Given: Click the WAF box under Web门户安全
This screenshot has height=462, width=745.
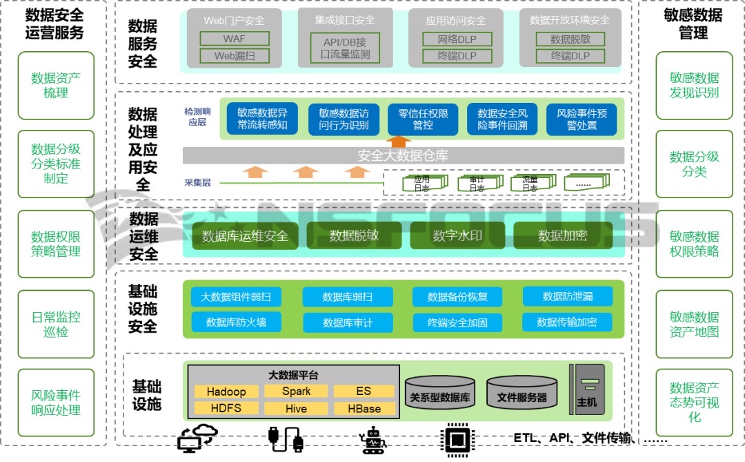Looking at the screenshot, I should (x=234, y=39).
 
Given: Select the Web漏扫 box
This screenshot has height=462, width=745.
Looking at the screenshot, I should (x=234, y=56).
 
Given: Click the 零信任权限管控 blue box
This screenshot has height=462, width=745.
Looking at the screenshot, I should (x=423, y=119).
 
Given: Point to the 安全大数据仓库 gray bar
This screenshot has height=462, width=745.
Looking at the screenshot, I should (x=403, y=155).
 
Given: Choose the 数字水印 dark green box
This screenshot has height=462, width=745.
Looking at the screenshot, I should (x=457, y=235).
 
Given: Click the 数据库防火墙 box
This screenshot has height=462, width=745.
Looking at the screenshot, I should (x=236, y=322).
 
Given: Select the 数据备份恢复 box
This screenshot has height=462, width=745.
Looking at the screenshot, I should (x=457, y=297).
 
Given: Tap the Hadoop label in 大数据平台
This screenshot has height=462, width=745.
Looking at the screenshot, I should (x=226, y=392).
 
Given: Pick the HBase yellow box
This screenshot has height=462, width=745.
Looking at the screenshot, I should (x=364, y=409).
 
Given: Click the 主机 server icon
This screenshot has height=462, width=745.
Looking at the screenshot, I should (x=587, y=389).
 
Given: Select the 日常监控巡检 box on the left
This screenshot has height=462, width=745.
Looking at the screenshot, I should (x=56, y=324).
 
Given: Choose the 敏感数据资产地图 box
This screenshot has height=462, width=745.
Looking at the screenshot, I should (x=694, y=324).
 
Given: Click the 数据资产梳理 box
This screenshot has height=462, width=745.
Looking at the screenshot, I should (x=56, y=85).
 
